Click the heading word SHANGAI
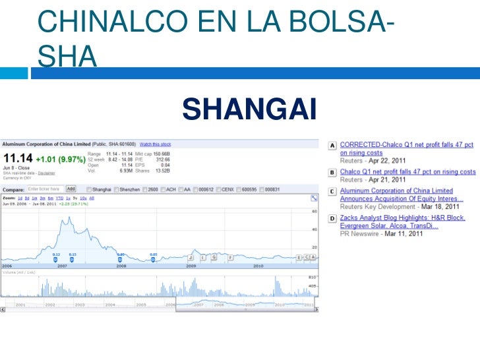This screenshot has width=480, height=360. (x=249, y=109)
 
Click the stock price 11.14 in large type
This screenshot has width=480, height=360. (x=18, y=159)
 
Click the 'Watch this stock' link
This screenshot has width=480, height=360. (x=156, y=144)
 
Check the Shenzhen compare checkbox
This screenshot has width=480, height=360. (x=116, y=189)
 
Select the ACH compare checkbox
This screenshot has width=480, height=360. (x=163, y=189)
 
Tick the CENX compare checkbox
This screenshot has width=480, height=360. (x=219, y=189)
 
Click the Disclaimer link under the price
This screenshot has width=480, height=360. (x=46, y=173)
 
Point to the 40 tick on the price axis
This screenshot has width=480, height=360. (x=315, y=229)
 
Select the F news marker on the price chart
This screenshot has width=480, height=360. (x=231, y=257)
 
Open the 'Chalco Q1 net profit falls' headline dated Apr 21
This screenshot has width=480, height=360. (x=407, y=172)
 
